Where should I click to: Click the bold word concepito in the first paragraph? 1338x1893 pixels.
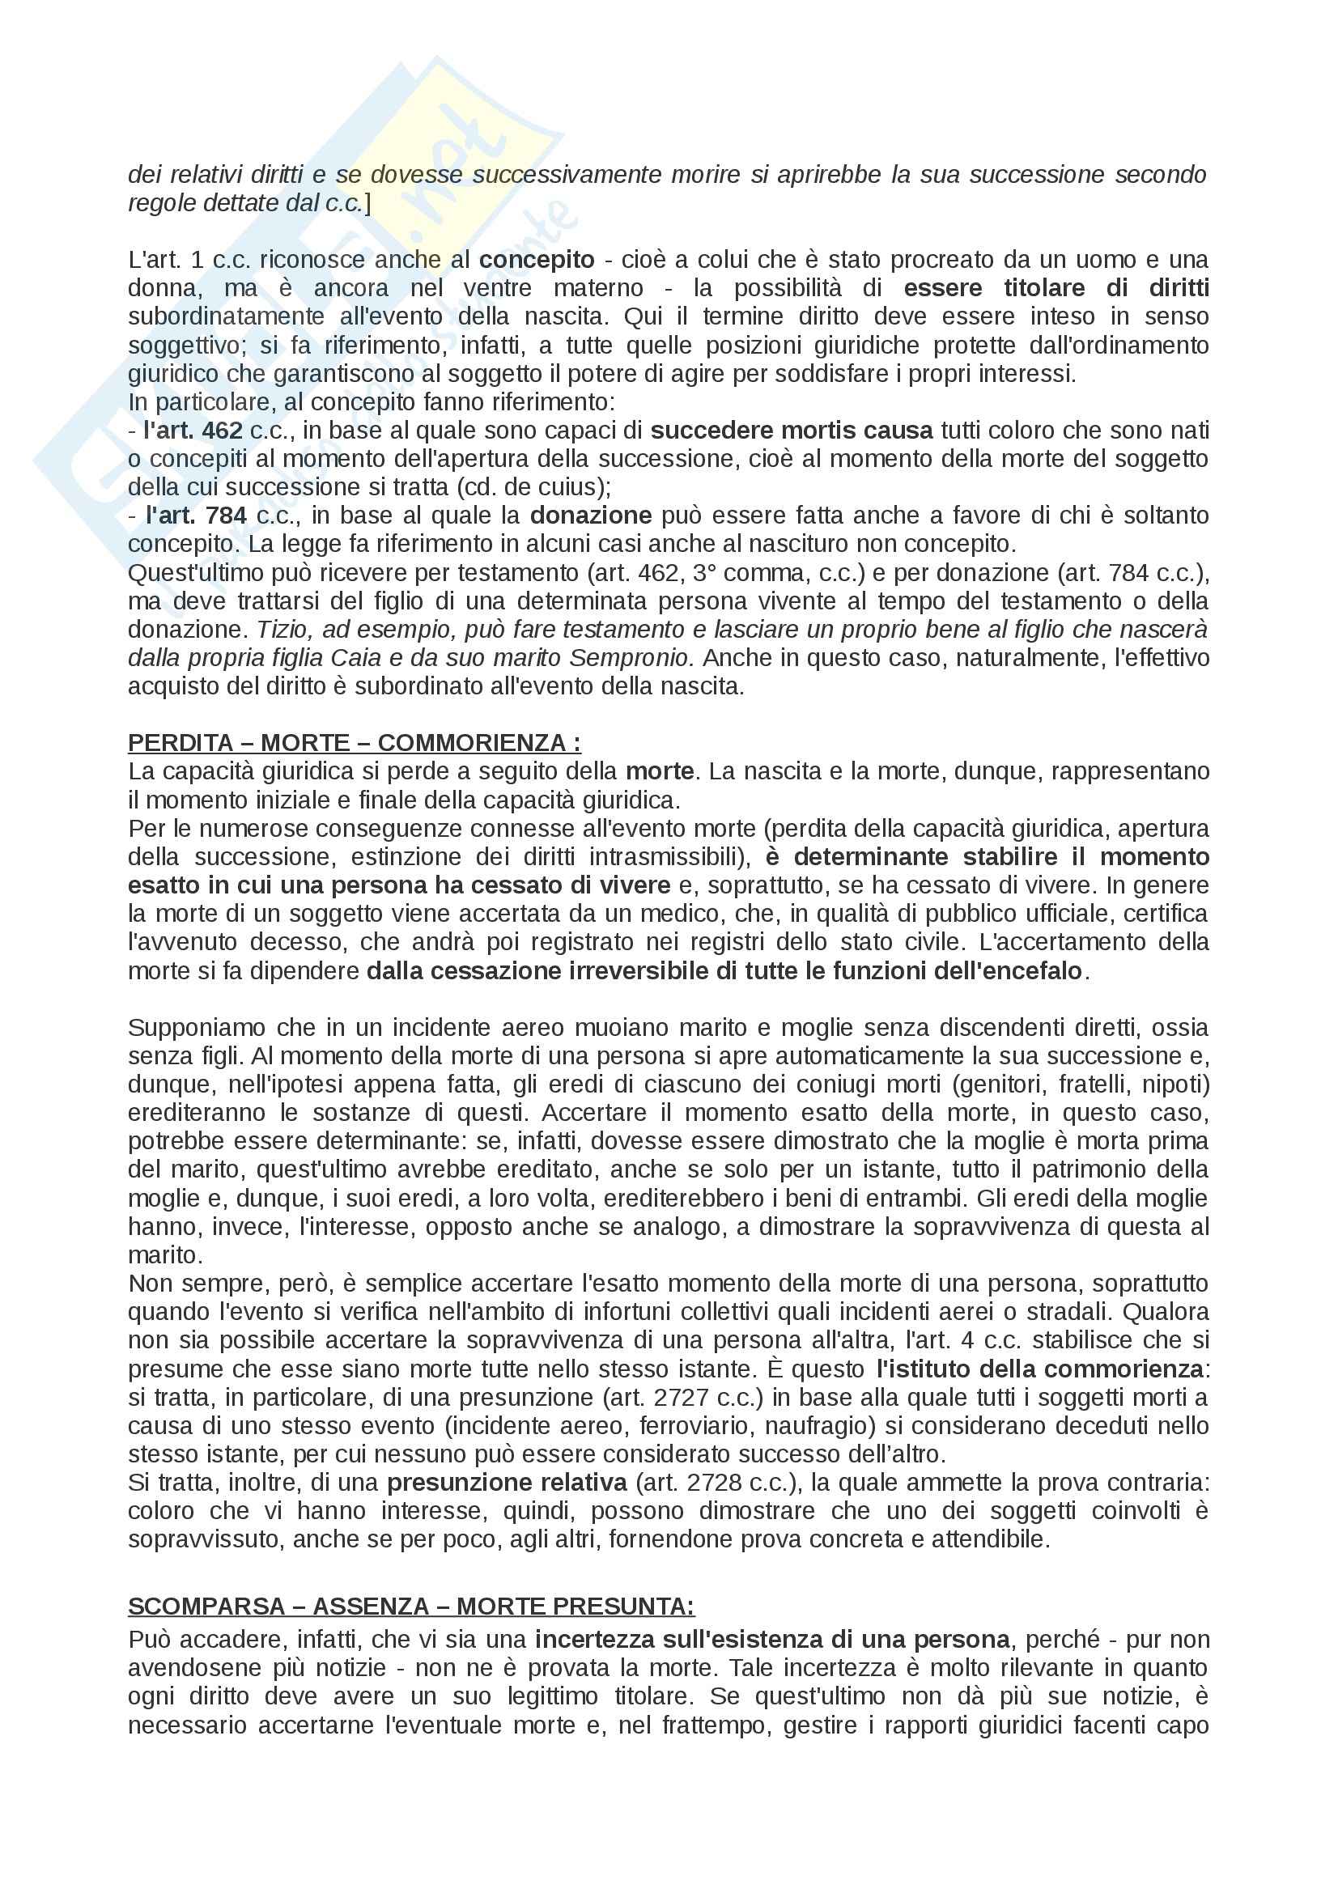(537, 260)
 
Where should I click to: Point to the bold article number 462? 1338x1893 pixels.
(222, 431)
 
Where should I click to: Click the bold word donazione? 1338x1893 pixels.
(590, 516)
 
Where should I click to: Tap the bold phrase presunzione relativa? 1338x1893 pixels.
(507, 1483)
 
